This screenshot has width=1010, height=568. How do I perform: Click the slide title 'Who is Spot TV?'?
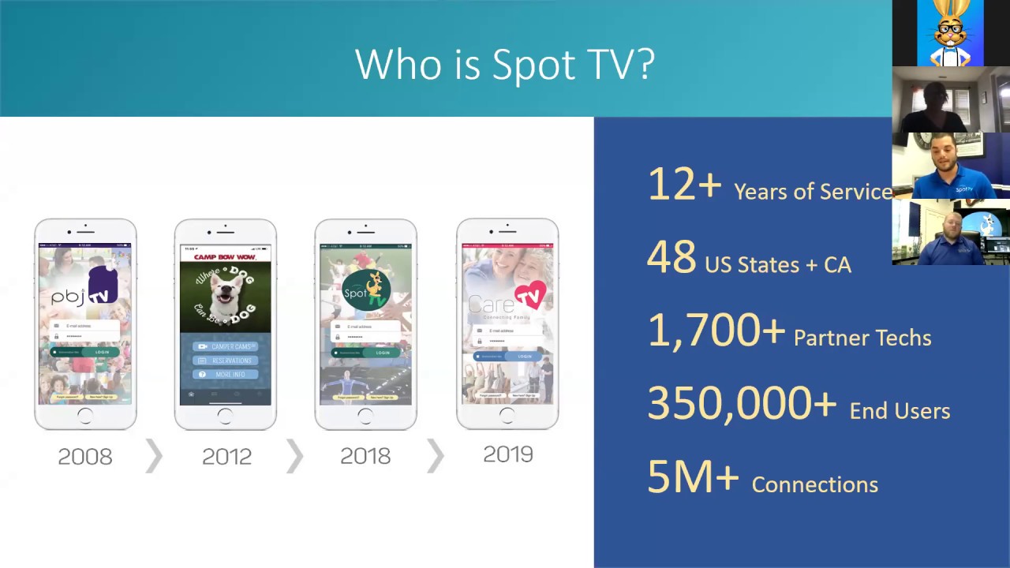click(x=505, y=64)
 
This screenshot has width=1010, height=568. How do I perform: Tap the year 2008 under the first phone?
click(x=85, y=457)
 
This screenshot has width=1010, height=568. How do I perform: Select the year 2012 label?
click(x=226, y=457)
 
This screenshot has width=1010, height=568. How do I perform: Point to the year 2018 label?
click(x=365, y=457)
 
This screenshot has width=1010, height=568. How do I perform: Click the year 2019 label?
click(x=508, y=454)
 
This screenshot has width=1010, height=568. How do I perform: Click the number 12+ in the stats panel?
click(x=684, y=185)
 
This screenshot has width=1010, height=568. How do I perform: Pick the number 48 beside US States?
click(x=671, y=258)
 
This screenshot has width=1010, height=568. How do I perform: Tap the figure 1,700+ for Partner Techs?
click(x=716, y=331)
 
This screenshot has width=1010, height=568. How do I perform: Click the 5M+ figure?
click(x=693, y=477)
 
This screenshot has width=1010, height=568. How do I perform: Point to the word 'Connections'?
click(x=814, y=484)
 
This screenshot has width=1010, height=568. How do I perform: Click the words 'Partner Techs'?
click(x=862, y=338)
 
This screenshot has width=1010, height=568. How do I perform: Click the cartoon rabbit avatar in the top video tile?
click(x=950, y=32)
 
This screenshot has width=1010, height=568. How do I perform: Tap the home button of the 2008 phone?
click(x=85, y=416)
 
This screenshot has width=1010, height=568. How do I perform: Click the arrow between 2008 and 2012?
click(x=155, y=457)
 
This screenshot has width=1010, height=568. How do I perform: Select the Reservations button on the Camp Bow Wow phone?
click(x=226, y=361)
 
